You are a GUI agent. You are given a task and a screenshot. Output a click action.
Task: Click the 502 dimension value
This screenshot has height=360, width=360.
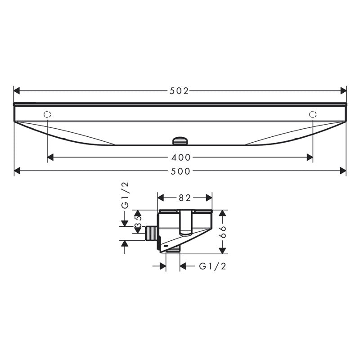(179, 90)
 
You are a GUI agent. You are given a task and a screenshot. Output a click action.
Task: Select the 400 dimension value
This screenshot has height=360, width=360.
(181, 157)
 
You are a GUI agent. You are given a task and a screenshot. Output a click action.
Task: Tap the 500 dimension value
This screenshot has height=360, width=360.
(180, 171)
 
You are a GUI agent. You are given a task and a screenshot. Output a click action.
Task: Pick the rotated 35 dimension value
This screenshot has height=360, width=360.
(139, 222)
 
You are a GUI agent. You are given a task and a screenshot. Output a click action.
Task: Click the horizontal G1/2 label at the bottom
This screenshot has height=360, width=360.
(212, 266)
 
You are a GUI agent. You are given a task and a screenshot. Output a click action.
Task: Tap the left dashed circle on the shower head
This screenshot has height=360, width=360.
(47, 114)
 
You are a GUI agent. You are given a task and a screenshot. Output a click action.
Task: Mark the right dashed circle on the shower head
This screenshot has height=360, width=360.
(313, 114)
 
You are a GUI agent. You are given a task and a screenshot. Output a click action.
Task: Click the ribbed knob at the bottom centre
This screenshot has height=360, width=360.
(180, 141)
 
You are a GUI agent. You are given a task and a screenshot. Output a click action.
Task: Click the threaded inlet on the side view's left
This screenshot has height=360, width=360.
(153, 234)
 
